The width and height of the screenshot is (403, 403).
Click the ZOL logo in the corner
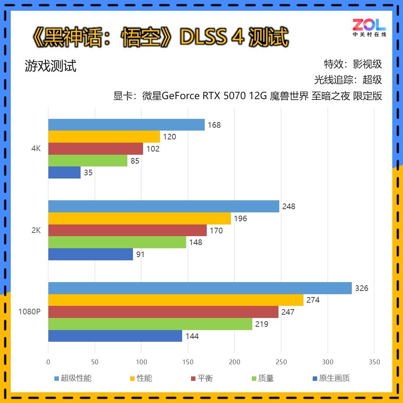(x=369, y=27)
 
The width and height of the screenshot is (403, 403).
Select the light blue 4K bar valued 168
(x=126, y=125)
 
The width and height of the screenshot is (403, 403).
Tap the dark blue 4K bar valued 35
(x=64, y=173)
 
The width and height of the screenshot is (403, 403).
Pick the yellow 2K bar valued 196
(x=139, y=218)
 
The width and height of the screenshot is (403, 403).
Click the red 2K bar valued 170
(x=127, y=231)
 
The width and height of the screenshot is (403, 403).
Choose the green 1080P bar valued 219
(x=150, y=324)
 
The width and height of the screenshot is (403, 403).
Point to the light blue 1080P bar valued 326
(x=200, y=288)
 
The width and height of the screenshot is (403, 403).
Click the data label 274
(x=313, y=300)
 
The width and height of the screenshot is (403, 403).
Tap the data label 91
(x=140, y=255)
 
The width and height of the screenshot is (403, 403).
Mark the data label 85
(x=135, y=161)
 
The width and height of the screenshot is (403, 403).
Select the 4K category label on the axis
(x=36, y=149)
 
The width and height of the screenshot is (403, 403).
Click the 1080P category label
(x=29, y=312)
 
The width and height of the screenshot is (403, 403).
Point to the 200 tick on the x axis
(x=235, y=362)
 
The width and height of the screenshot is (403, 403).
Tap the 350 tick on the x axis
(x=374, y=362)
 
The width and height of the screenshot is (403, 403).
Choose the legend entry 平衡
(x=205, y=378)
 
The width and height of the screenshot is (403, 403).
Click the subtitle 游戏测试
(x=50, y=66)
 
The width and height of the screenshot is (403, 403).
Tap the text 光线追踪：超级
(x=348, y=80)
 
